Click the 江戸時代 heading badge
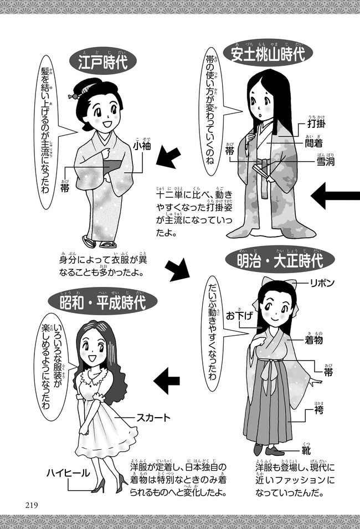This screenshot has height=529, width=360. click(102, 61)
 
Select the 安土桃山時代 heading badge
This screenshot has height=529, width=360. click(269, 54)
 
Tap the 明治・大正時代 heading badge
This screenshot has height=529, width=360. click(280, 261)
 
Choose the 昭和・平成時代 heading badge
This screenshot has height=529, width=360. click(102, 301)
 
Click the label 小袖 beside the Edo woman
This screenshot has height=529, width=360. click(141, 146)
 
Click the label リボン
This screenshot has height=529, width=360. click(322, 283)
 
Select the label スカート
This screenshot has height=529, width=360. click(153, 418)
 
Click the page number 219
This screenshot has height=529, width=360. click(31, 505)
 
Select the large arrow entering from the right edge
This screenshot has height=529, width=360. click(336, 196)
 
